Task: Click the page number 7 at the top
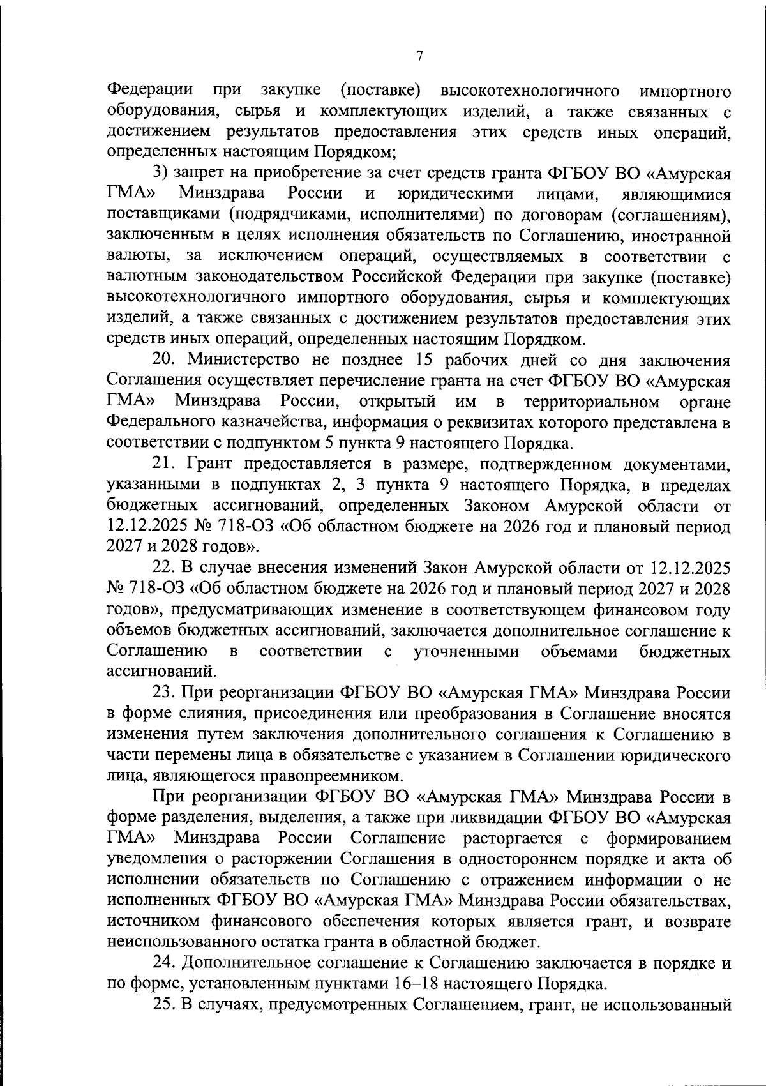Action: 419,56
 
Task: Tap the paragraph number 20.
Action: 164,360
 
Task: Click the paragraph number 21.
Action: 163,464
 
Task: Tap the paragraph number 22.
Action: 163,568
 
